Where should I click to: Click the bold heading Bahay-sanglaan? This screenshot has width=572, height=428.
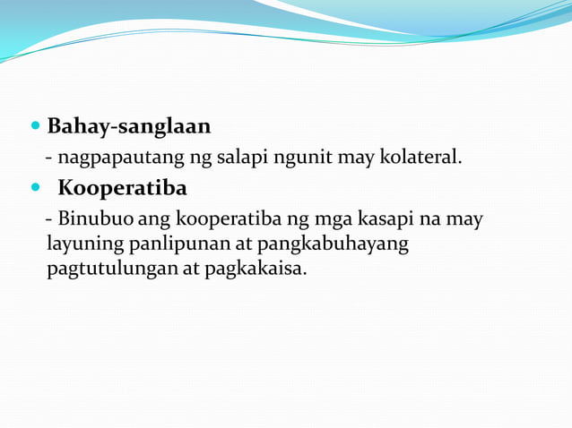pos(128,125)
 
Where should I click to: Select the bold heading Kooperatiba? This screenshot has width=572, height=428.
pos(123,189)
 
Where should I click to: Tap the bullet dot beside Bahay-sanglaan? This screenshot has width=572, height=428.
pos(35,126)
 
